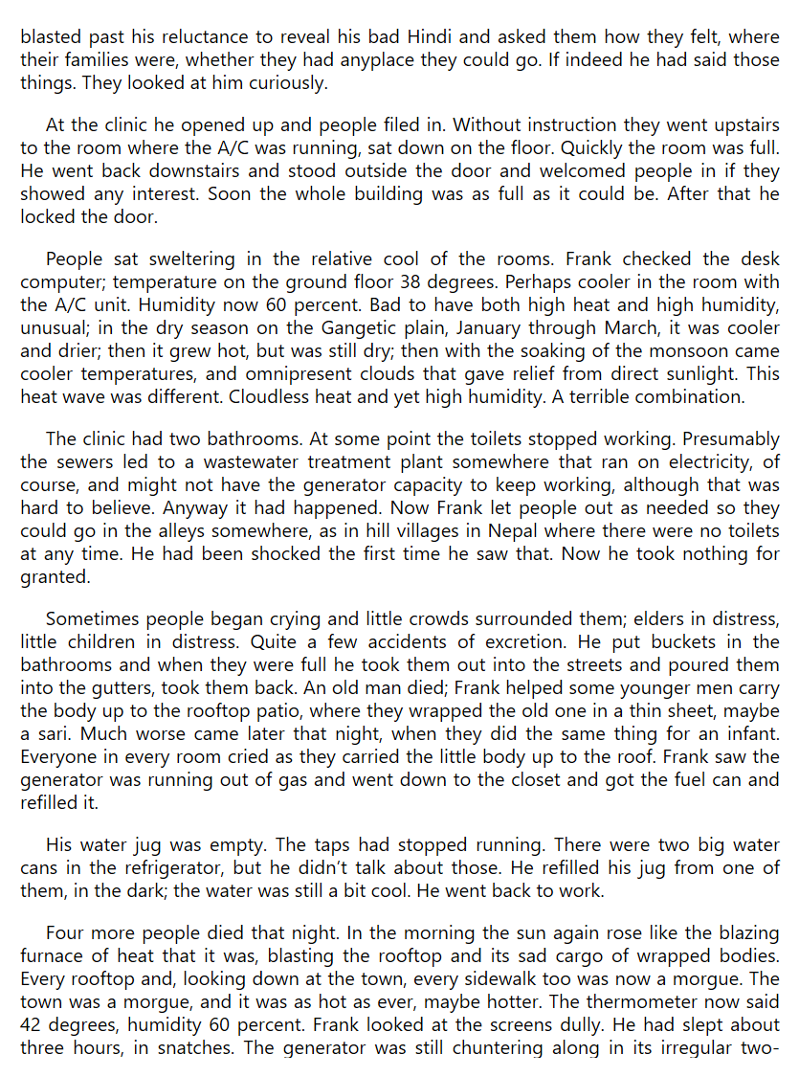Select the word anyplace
tap(388, 60)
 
